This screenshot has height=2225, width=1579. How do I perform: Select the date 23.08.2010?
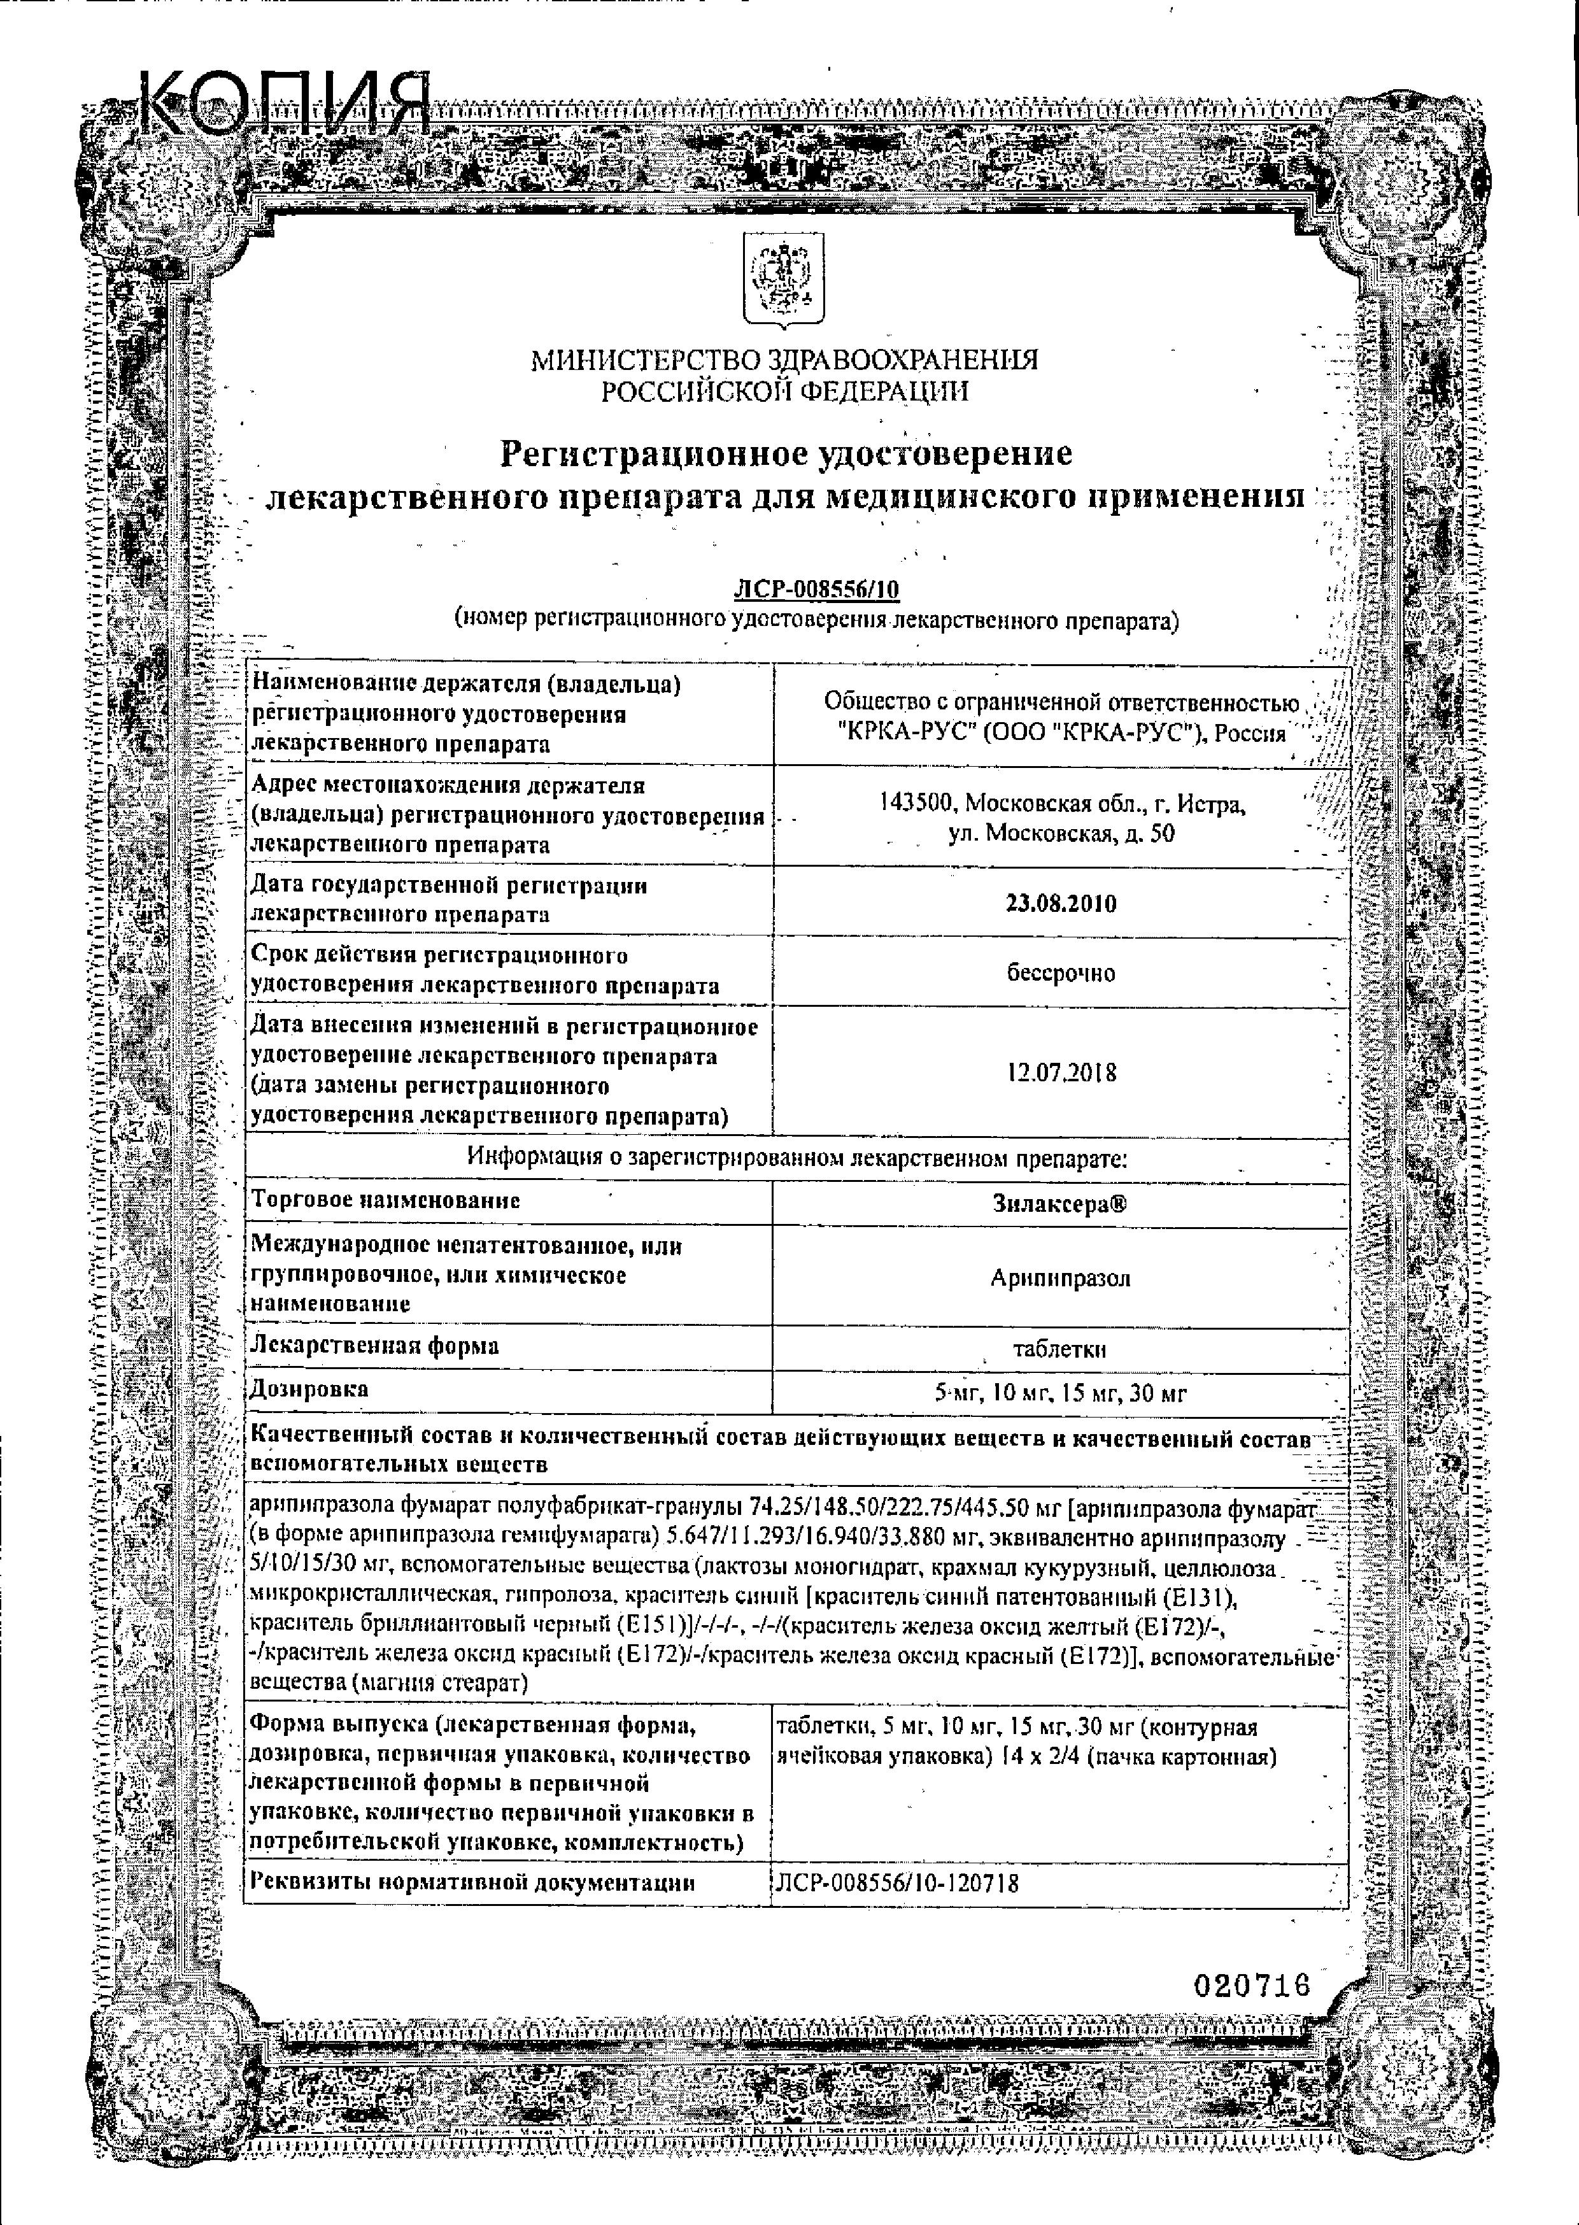click(x=1060, y=904)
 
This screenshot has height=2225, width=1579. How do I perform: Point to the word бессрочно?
click(x=1061, y=972)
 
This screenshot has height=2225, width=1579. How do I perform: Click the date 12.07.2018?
click(x=1061, y=1072)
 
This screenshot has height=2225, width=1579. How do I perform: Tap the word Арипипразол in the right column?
click(x=1061, y=1278)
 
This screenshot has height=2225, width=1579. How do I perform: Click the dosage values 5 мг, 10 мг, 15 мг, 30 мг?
click(x=1060, y=1393)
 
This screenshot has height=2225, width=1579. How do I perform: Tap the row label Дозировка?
click(x=310, y=1389)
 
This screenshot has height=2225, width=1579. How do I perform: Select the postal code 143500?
click(x=919, y=804)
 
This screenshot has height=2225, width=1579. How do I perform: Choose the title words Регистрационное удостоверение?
click(x=786, y=453)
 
